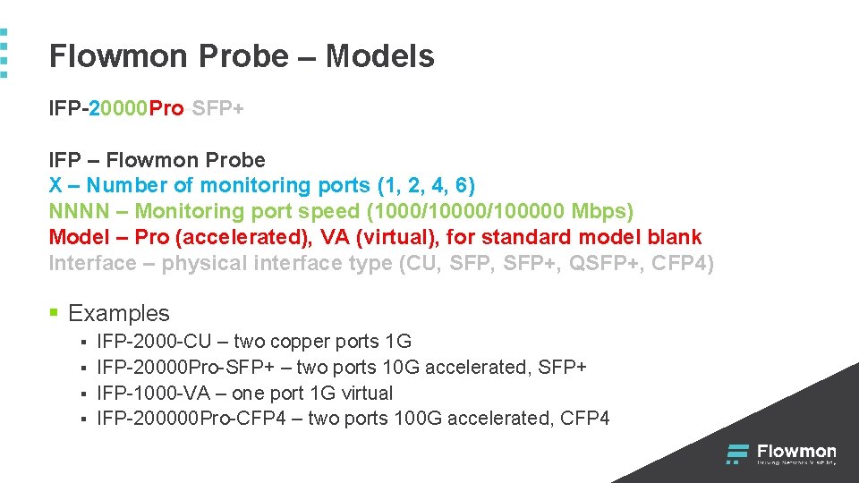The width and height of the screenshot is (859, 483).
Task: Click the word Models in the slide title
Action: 379,56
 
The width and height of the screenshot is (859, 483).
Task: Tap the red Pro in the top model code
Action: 166,109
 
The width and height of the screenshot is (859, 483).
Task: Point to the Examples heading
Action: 118,313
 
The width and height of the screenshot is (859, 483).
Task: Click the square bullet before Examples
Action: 55,313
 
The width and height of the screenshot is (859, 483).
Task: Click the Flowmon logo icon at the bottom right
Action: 737,453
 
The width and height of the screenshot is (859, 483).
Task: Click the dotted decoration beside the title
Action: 4,54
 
